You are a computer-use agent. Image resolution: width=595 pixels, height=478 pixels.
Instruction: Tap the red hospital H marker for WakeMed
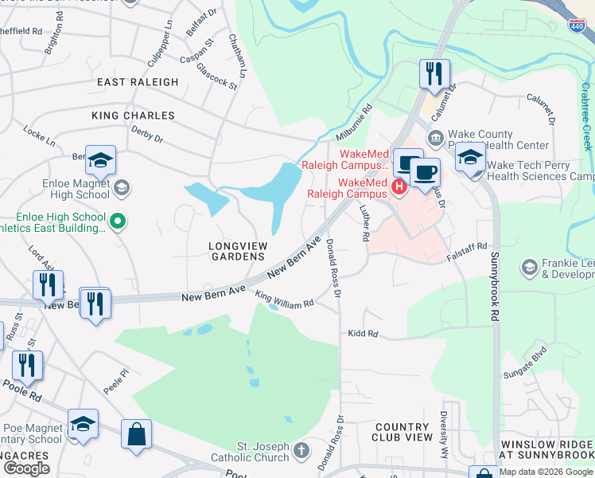(399, 186)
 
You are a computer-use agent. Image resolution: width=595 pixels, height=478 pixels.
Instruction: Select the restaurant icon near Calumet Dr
(434, 74)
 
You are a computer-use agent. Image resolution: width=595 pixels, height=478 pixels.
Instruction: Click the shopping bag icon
(136, 434)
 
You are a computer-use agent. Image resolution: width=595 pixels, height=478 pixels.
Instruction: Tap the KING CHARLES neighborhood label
(133, 116)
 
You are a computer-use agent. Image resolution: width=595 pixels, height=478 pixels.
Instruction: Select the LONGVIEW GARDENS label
(236, 251)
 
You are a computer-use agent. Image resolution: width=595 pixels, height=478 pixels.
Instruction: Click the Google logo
(27, 468)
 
